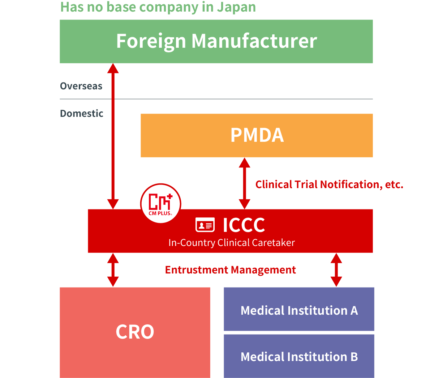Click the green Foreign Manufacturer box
[x=216, y=41]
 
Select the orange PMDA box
[x=257, y=135]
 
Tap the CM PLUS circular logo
[x=160, y=203]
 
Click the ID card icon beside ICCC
[x=205, y=225]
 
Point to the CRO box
[x=135, y=332]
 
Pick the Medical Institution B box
[x=299, y=356]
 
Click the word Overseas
[x=81, y=86]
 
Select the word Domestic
[x=82, y=114]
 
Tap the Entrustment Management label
[x=230, y=270]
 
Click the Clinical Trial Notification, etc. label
[x=329, y=184]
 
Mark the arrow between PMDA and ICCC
[x=245, y=183]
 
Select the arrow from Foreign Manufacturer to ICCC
[x=113, y=136]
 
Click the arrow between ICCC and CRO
[x=113, y=270]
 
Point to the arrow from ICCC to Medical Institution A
[x=336, y=270]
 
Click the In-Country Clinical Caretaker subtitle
[x=231, y=242]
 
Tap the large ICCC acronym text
[x=244, y=225]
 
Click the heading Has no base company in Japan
[x=158, y=7]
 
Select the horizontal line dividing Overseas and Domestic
[x=216, y=99]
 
